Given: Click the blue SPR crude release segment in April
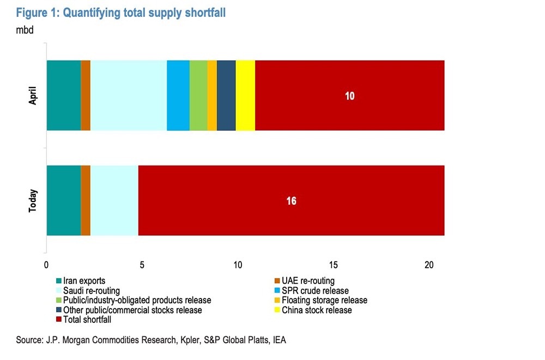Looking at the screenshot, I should click(x=178, y=95).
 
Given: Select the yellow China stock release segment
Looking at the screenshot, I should click(x=245, y=95).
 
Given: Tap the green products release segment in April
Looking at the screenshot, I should click(x=198, y=95).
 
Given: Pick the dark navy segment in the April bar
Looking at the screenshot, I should click(x=226, y=95).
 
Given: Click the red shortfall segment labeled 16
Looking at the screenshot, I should click(x=291, y=200).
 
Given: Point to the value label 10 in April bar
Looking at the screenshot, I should click(x=349, y=96).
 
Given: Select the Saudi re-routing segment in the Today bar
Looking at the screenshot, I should click(x=114, y=200).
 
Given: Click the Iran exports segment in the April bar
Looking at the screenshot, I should click(x=63, y=95).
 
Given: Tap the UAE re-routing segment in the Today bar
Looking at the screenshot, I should click(x=86, y=200).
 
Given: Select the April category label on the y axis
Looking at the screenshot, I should click(x=32, y=95).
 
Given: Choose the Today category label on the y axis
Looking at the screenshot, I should click(x=32, y=200).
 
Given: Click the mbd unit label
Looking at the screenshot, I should click(x=25, y=30).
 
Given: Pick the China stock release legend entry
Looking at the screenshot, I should click(x=317, y=310).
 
